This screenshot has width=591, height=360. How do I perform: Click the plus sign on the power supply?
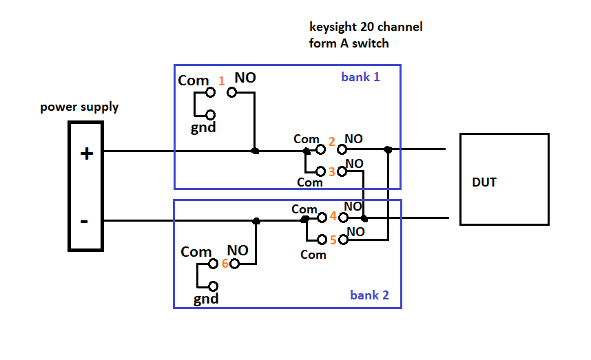87,153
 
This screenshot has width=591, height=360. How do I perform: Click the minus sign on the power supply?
84,221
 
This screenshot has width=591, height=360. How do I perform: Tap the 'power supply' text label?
79,107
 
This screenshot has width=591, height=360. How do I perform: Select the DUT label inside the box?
484,182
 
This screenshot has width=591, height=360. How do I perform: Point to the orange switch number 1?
221,81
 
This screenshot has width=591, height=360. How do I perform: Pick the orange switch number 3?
331,171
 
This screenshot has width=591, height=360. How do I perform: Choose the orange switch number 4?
333,216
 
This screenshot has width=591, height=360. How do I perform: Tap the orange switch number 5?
333,240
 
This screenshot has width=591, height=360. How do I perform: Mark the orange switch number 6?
225,263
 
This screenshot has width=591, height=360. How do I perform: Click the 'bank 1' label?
360,76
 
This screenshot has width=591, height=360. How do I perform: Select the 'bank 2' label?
369,295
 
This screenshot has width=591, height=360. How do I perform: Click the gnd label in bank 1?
204,128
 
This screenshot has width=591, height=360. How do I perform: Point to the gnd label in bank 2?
206,299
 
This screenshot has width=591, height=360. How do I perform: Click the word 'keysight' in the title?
333,28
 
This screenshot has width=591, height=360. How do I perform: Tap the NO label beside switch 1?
245,78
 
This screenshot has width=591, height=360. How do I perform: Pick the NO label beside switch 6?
238,251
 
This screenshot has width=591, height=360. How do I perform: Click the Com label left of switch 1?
193,81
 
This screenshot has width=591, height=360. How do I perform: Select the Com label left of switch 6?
196,252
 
